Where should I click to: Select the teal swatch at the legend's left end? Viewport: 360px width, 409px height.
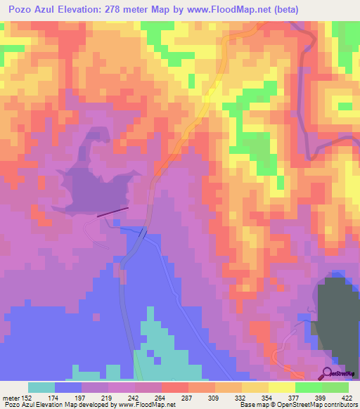[41, 387]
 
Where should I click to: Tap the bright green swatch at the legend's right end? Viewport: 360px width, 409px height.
[335, 387]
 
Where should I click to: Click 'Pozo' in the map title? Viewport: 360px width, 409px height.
[20, 10]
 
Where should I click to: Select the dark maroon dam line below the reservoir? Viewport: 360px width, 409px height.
[112, 211]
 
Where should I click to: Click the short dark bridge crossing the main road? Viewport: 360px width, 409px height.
[143, 233]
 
